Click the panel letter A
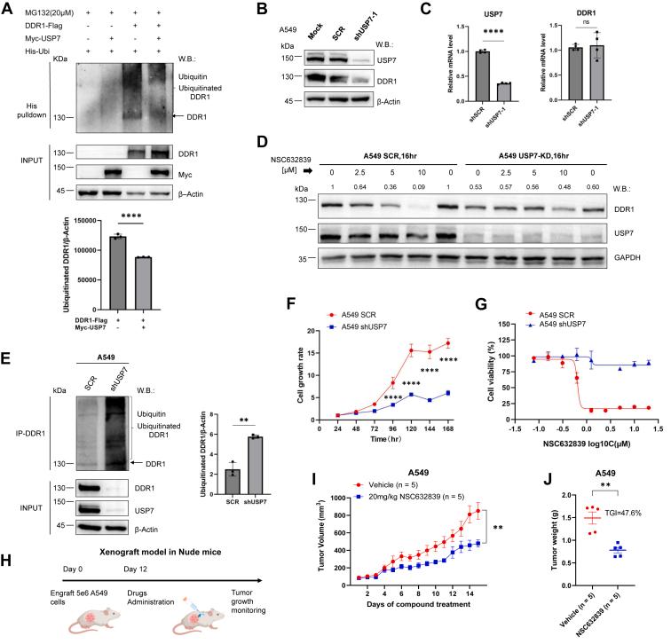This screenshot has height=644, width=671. tap(8, 8)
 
